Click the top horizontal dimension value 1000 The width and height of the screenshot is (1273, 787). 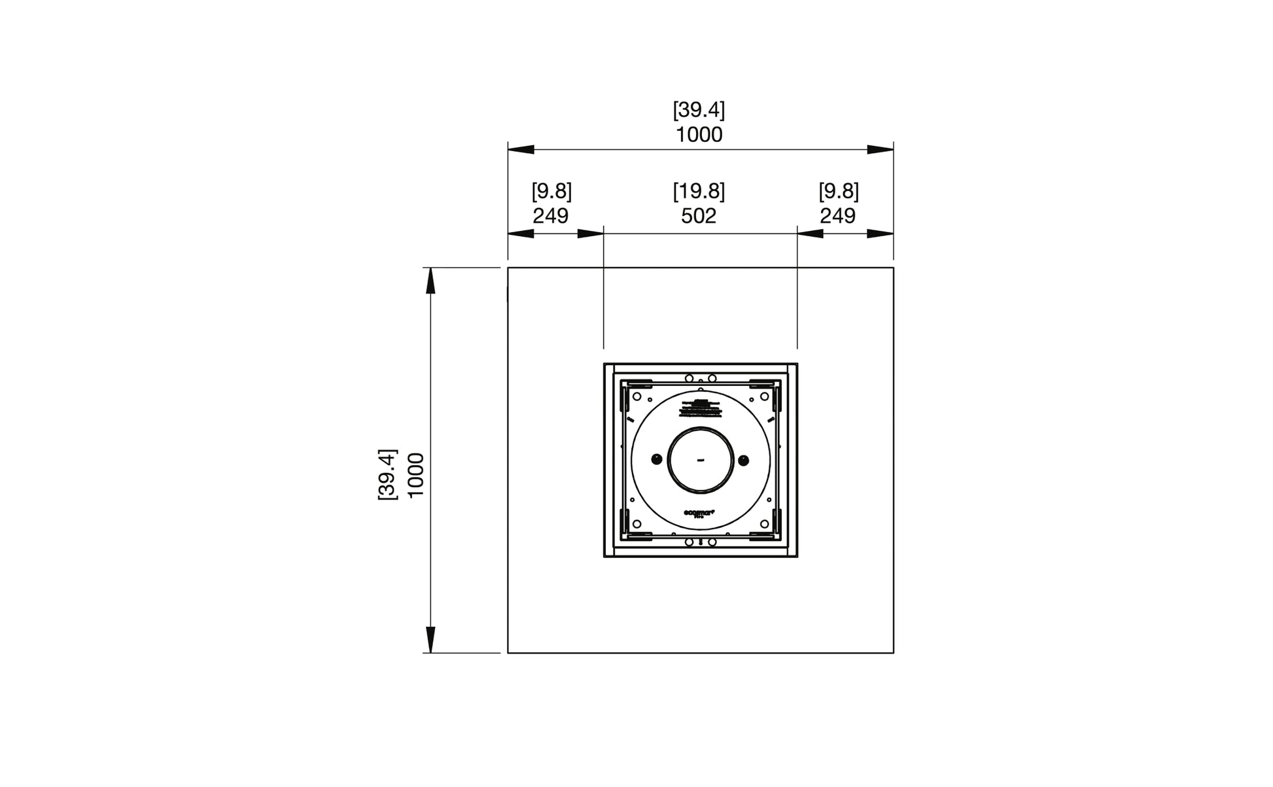pos(699,135)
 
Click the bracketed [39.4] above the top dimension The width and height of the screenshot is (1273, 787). pos(699,110)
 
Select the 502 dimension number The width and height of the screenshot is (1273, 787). pos(699,216)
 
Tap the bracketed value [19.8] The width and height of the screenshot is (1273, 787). pos(699,192)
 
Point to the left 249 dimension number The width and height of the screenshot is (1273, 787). pos(550,216)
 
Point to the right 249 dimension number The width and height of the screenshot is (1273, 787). pos(837,216)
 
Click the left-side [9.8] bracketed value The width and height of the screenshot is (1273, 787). pos(551,192)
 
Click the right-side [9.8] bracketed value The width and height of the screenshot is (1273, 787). pos(839,192)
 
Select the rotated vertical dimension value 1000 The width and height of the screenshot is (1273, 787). pos(416,474)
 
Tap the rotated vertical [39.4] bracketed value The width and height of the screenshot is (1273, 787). pos(387,474)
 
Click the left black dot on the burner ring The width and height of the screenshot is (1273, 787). pos(656,460)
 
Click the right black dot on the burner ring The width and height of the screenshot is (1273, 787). pos(743,460)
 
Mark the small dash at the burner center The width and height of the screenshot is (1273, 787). pos(700,460)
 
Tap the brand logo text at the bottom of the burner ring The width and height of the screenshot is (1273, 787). pos(700,514)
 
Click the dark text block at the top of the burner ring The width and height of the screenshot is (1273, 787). pos(700,408)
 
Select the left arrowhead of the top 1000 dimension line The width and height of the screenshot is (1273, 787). pos(521,150)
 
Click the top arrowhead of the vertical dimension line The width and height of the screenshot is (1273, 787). pos(430,281)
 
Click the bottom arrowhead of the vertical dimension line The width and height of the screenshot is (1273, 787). pos(430,639)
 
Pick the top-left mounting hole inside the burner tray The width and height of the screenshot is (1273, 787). pos(636,396)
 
